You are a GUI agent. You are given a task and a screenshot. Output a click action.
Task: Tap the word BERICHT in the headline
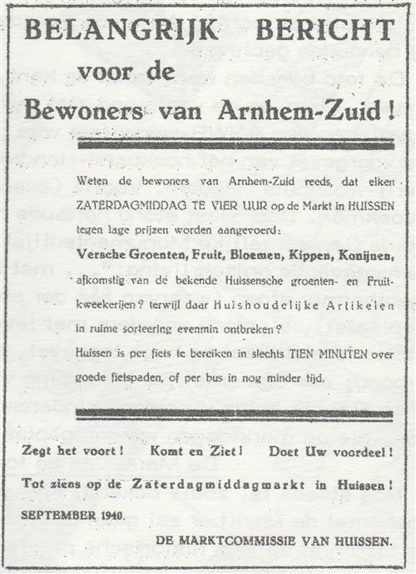point(325,30)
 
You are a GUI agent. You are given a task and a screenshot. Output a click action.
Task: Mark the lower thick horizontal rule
point(234,414)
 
